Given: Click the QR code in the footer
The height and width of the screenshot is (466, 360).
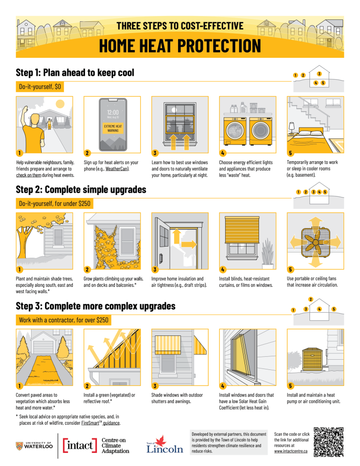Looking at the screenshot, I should [329, 442].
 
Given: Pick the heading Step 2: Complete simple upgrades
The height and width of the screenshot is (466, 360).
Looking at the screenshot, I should [81, 189].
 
